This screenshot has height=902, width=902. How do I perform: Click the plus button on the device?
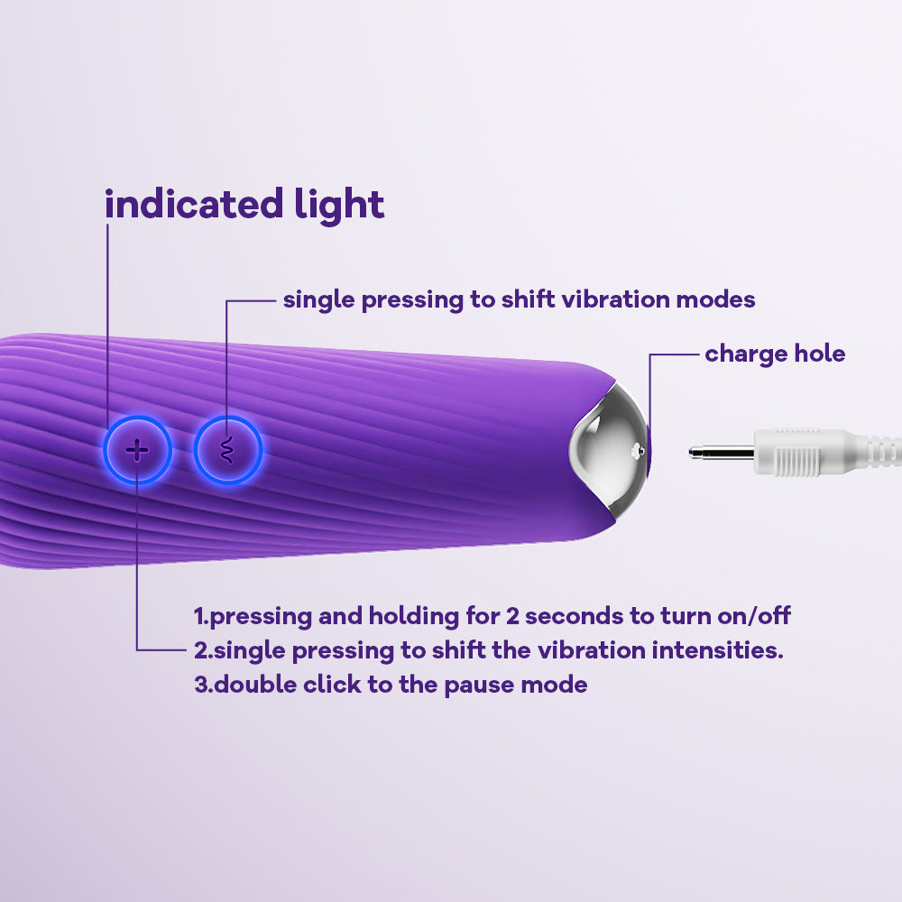coord(137,450)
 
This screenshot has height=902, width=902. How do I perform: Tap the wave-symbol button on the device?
coord(228,450)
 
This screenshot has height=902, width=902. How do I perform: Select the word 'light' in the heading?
coord(339,205)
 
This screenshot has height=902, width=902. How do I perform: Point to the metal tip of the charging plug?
coord(721,453)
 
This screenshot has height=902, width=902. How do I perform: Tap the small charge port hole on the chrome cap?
coord(638,452)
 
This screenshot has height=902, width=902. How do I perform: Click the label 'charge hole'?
coord(775,354)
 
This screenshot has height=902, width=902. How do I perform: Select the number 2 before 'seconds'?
coord(512,616)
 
